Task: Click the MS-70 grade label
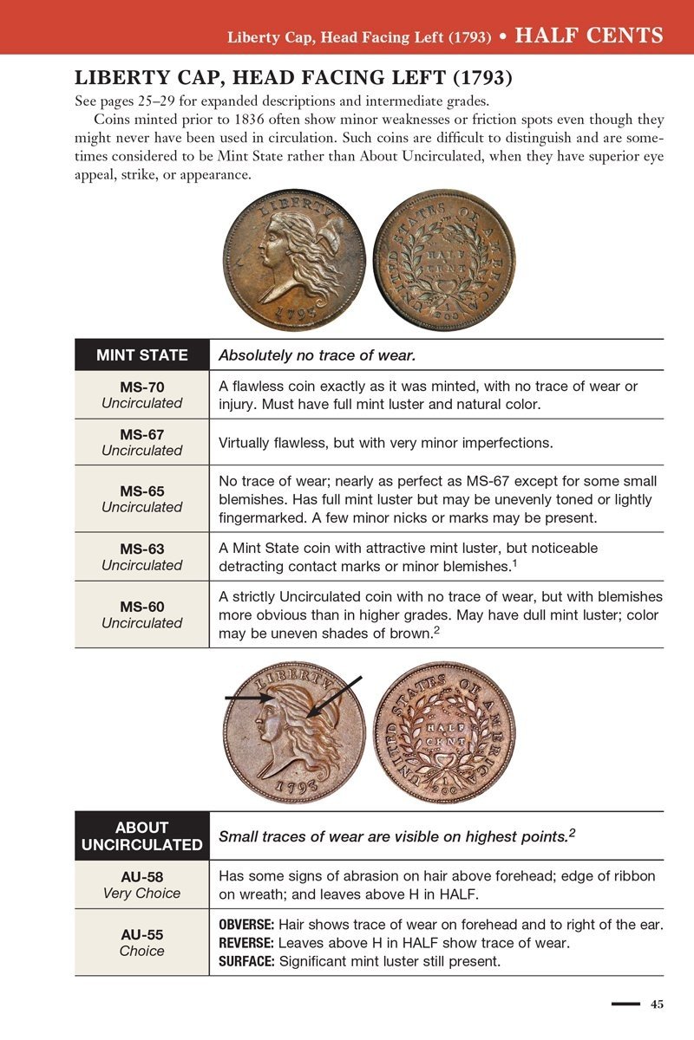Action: [141, 387]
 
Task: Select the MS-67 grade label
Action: [141, 434]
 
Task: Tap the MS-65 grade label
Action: [141, 491]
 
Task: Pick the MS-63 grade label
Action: [141, 549]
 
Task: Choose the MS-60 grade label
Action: [141, 607]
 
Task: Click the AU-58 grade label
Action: [141, 877]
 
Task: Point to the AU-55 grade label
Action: [141, 935]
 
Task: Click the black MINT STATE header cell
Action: [141, 354]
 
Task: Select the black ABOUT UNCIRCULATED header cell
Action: [141, 835]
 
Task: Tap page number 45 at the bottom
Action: [657, 1004]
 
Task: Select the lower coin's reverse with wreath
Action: [443, 732]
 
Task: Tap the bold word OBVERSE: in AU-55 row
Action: [246, 926]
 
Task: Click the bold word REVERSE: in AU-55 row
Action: [246, 943]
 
